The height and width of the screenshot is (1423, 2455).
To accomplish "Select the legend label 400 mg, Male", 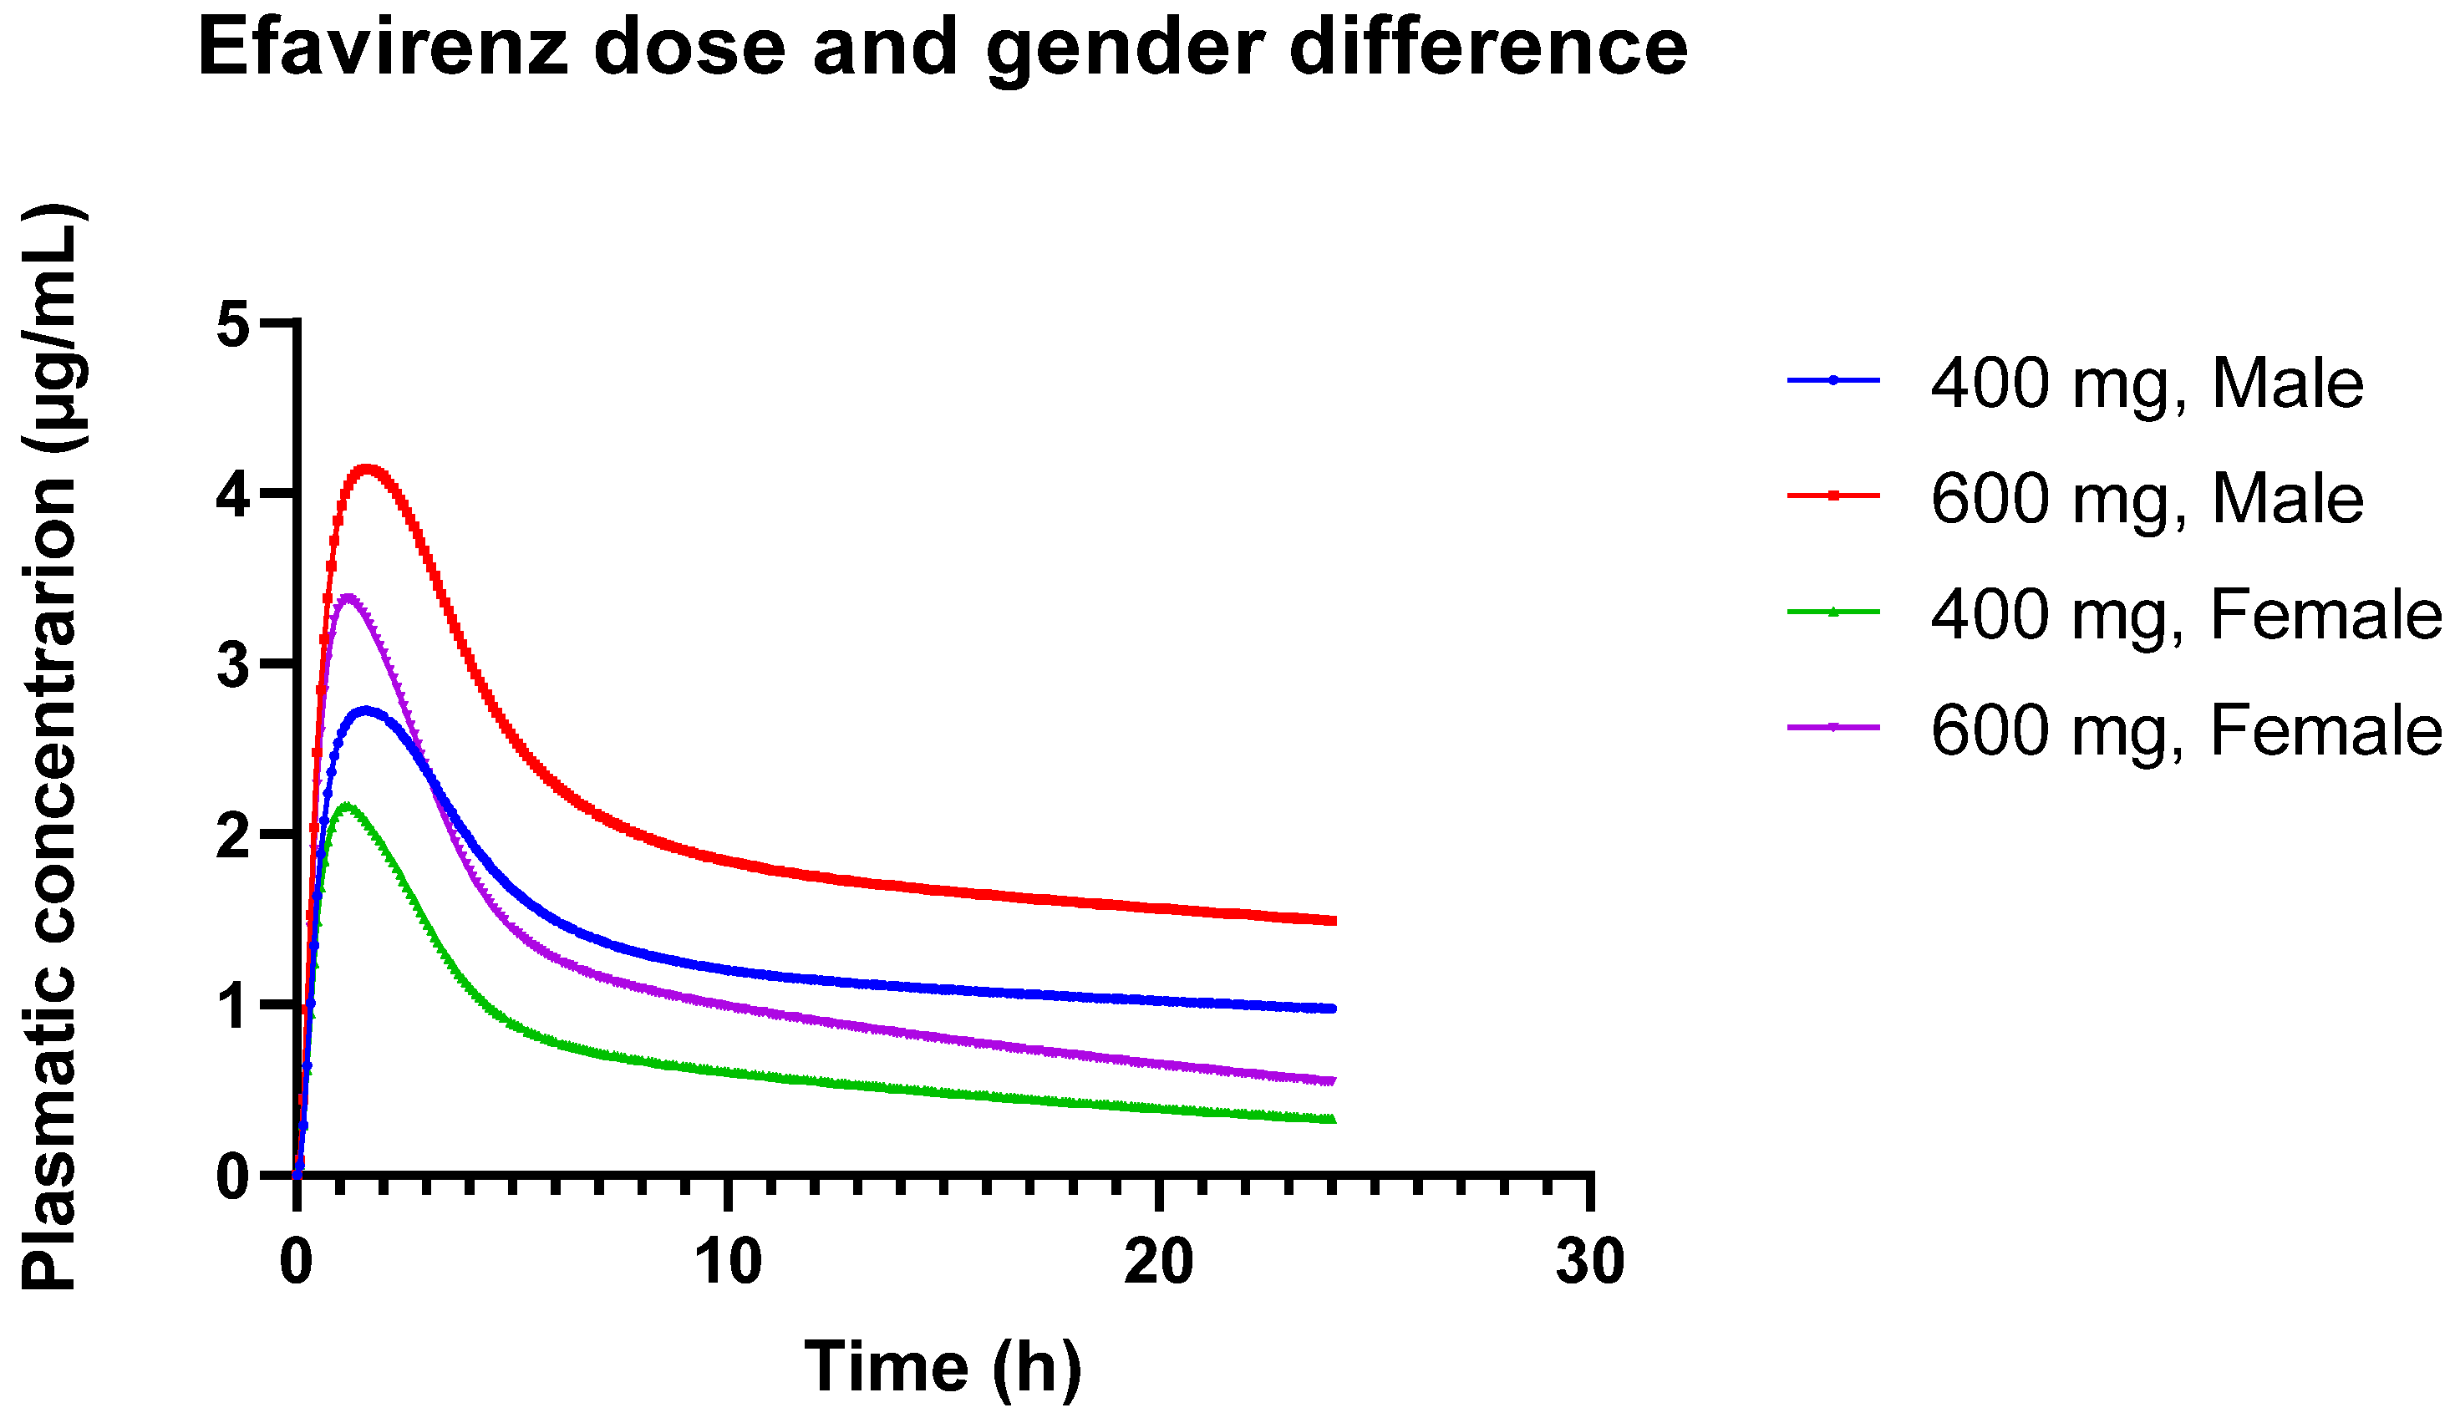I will [2146, 383].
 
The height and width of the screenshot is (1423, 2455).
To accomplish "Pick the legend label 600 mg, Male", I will [2146, 499].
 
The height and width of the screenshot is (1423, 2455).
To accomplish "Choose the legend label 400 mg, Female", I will [2185, 615].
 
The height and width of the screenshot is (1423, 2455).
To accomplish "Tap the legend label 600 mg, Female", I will [2185, 730].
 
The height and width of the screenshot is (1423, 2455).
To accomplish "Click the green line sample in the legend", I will [1832, 612].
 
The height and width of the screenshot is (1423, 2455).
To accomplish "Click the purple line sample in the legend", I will [1832, 728].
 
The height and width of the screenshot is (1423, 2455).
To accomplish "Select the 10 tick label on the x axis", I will [728, 1263].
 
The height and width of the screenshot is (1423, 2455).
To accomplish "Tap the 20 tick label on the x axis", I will [1158, 1263].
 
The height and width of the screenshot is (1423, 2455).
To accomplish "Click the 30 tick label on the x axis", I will [1590, 1263].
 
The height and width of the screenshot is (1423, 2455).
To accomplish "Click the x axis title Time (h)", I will [943, 1369].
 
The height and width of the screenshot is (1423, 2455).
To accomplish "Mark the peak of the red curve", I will [368, 470].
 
